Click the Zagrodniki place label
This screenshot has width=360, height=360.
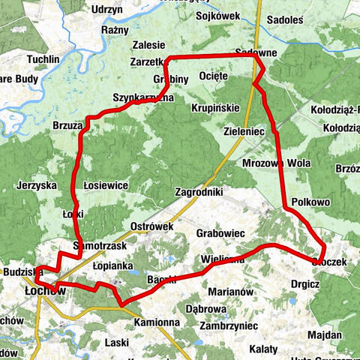pos(199,192)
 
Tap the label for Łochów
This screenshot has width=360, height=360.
pos(45,290)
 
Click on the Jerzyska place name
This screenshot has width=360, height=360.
pos(37,184)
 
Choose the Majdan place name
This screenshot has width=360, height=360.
pos(325,334)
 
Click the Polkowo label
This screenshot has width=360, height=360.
pos(310,202)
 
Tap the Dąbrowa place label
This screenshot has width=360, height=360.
pos(205,308)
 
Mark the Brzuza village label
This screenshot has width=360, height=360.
pos(67,127)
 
